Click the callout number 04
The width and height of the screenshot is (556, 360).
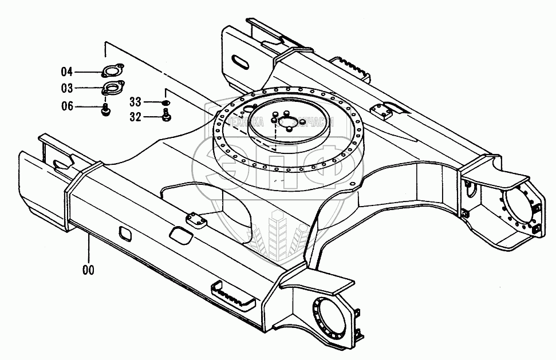(67, 72)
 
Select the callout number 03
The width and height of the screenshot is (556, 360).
(67, 89)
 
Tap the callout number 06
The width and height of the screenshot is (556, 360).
(67, 106)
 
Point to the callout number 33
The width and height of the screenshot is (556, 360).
(135, 102)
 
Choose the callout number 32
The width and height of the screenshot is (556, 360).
(135, 117)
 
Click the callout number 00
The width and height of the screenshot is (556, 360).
(88, 269)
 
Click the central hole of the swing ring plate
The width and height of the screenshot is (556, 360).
(300, 121)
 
